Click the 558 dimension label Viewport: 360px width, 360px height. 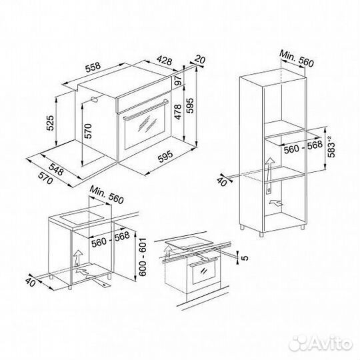[93, 67]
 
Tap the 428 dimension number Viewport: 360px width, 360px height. [165, 61]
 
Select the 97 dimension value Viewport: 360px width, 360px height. [178, 80]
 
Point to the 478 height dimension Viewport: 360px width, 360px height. [178, 112]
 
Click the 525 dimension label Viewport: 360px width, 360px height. [50, 123]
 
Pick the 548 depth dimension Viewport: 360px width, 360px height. [56, 169]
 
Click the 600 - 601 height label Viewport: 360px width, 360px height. [143, 257]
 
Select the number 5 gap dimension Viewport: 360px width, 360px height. [245, 257]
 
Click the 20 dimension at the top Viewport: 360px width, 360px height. [199, 59]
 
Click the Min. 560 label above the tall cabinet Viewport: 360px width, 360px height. [297, 59]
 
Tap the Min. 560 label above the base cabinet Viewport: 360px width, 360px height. [107, 195]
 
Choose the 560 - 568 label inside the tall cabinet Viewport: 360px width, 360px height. [303, 147]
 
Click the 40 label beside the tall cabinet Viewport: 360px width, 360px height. [222, 181]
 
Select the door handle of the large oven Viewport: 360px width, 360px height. [145, 109]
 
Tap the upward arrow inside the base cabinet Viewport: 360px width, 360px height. [78, 257]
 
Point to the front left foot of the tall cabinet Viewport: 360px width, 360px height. [261, 234]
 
